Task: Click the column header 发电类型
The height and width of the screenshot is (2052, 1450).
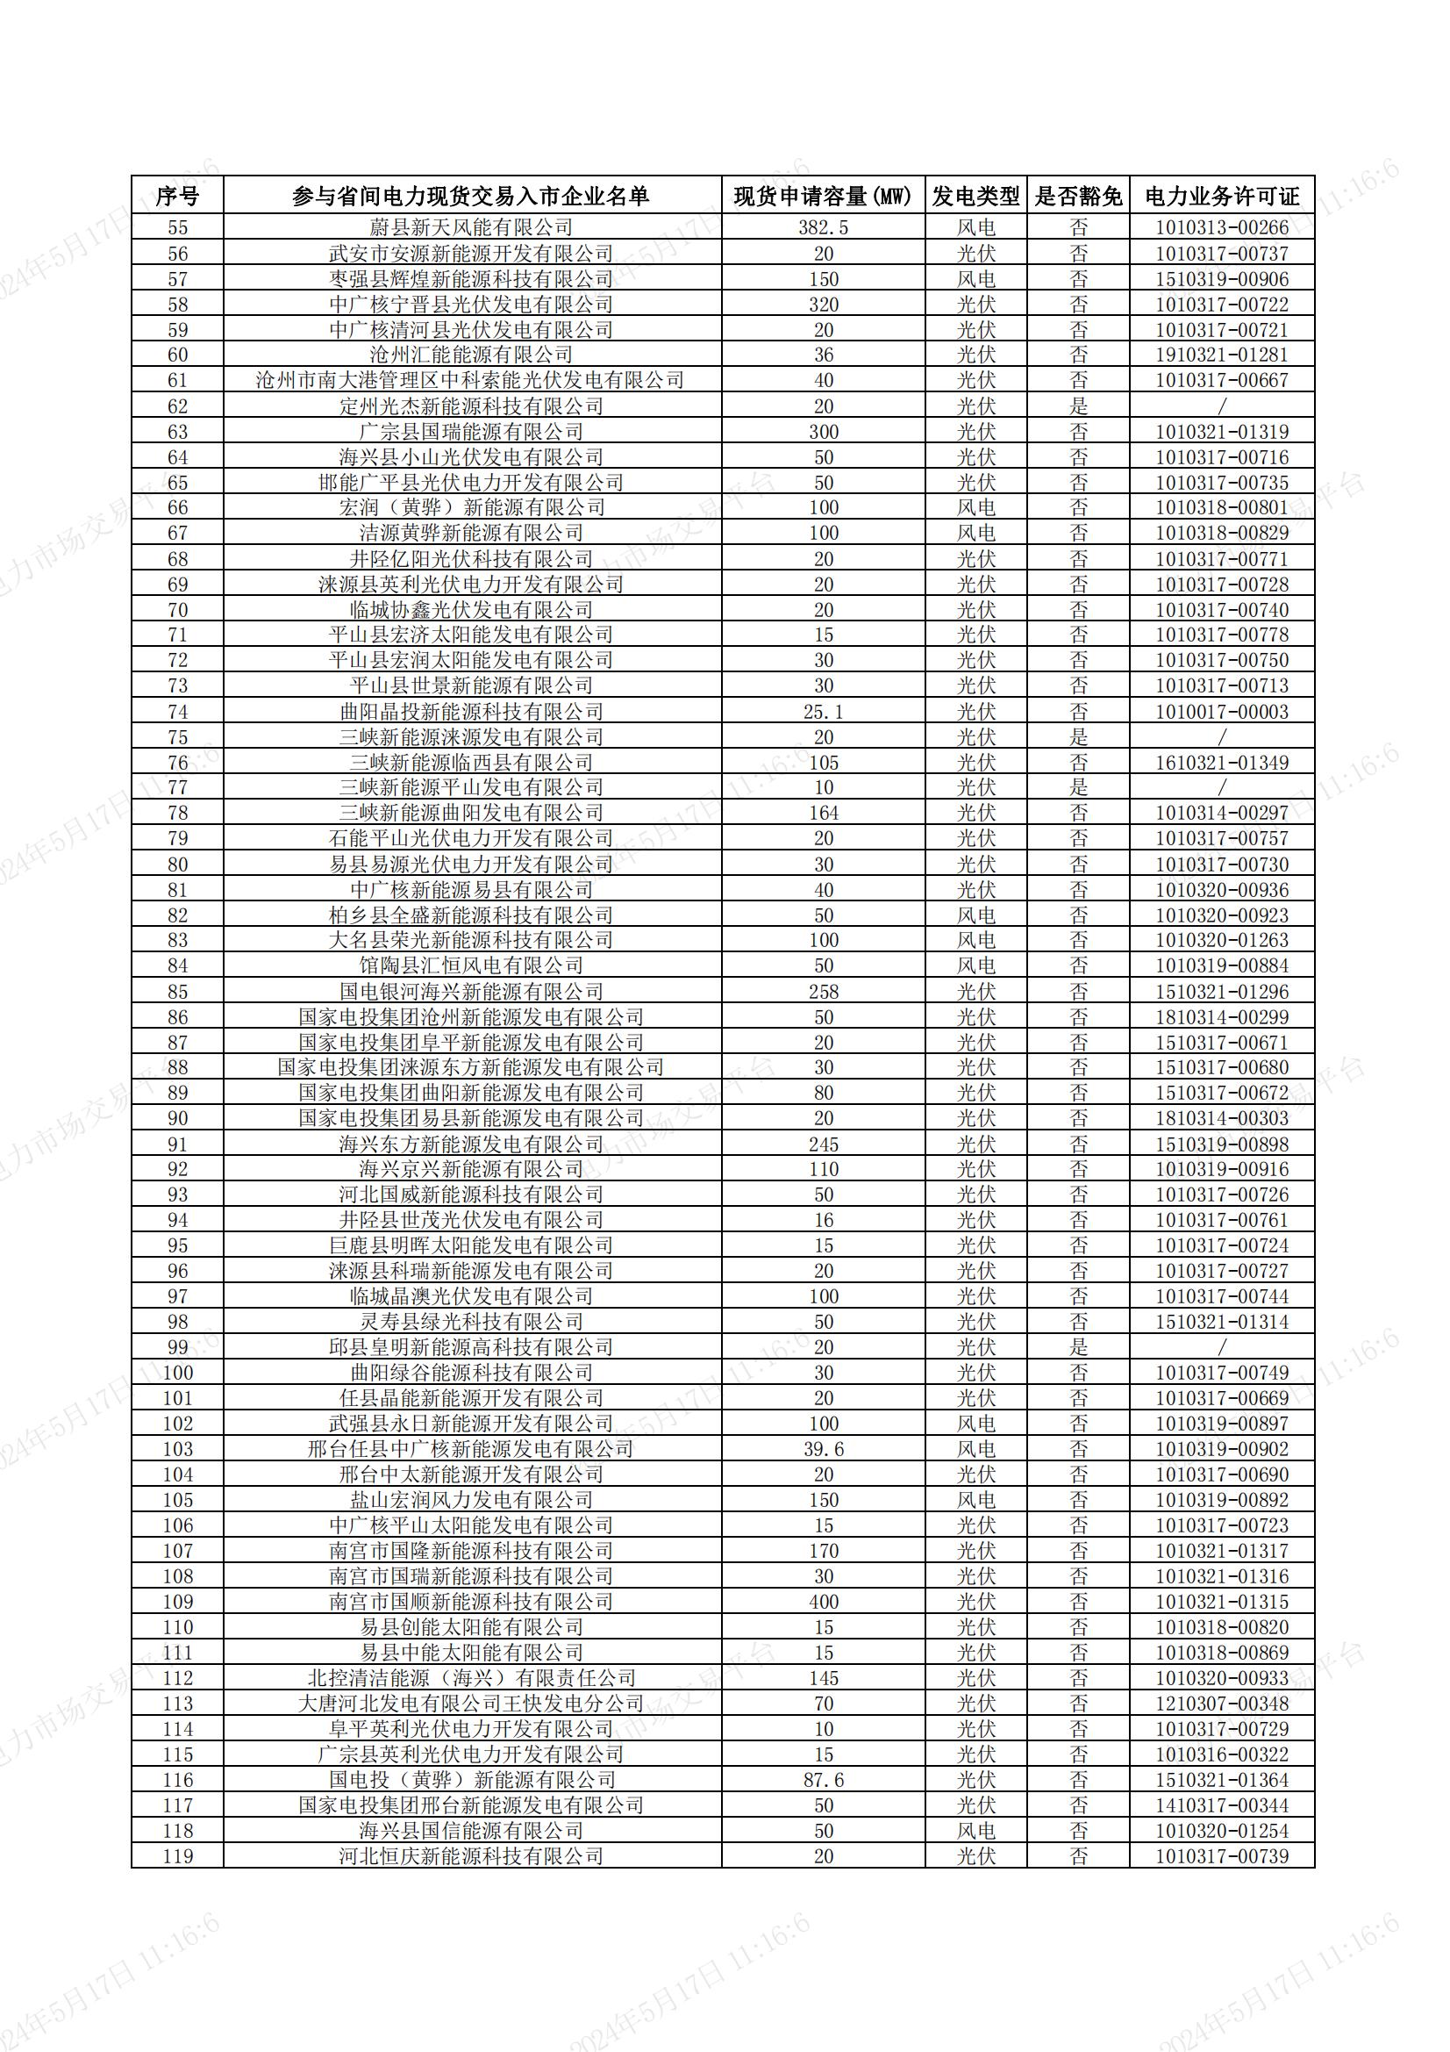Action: (975, 196)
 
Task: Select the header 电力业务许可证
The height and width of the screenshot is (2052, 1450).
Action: (1221, 196)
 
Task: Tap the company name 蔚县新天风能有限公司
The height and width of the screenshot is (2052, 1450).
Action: (471, 228)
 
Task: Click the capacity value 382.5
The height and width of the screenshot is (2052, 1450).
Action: (823, 228)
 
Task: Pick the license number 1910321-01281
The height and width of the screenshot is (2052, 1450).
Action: (1221, 355)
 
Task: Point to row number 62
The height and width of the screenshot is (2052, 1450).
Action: (178, 406)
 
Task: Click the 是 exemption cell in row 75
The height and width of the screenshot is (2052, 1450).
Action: (1078, 737)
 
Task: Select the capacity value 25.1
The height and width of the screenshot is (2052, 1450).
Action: (823, 713)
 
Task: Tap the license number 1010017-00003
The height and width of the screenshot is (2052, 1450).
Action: (1221, 713)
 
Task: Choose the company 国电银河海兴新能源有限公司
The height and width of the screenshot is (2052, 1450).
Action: (471, 992)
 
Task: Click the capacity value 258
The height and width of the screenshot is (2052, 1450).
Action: (823, 992)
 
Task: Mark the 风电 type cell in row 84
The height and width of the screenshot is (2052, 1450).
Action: (975, 966)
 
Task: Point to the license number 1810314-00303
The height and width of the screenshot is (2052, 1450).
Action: (1221, 1119)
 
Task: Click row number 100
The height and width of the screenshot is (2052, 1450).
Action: (178, 1373)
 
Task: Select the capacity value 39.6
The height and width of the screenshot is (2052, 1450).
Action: (823, 1450)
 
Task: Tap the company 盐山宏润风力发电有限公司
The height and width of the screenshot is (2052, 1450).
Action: (471, 1501)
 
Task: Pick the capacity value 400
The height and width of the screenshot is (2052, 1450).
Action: (823, 1603)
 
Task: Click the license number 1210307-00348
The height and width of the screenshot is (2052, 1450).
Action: (1221, 1704)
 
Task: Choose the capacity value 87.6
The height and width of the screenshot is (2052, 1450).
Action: (823, 1780)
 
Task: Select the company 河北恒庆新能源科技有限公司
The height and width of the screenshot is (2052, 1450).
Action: (471, 1856)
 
